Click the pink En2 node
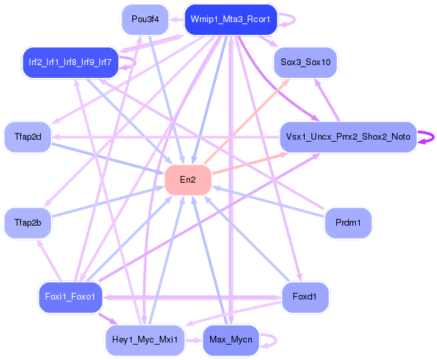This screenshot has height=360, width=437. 188,180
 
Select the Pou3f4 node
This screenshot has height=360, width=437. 145,19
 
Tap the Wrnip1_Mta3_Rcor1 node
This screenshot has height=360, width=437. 230,19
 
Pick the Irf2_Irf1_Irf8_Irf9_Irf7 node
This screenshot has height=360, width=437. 70,62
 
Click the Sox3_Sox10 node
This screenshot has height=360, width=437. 305,62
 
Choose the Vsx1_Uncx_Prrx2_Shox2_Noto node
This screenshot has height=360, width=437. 348,137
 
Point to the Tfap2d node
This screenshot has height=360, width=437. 28,137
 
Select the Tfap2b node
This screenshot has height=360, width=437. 28,223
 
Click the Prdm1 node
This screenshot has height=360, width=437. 348,223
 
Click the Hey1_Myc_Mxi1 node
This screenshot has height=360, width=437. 145,340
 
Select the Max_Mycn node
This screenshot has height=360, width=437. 230,340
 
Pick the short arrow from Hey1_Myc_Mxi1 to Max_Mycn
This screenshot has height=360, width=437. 193,340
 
